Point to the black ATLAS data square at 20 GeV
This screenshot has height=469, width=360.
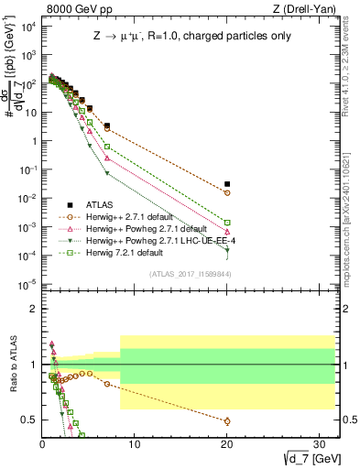pos(227,184)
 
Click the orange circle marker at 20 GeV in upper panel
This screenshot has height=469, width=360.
pos(227,193)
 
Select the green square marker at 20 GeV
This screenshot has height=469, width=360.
pos(227,223)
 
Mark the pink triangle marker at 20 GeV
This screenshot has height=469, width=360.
pos(227,232)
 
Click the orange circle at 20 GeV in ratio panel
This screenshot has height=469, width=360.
pos(227,421)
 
